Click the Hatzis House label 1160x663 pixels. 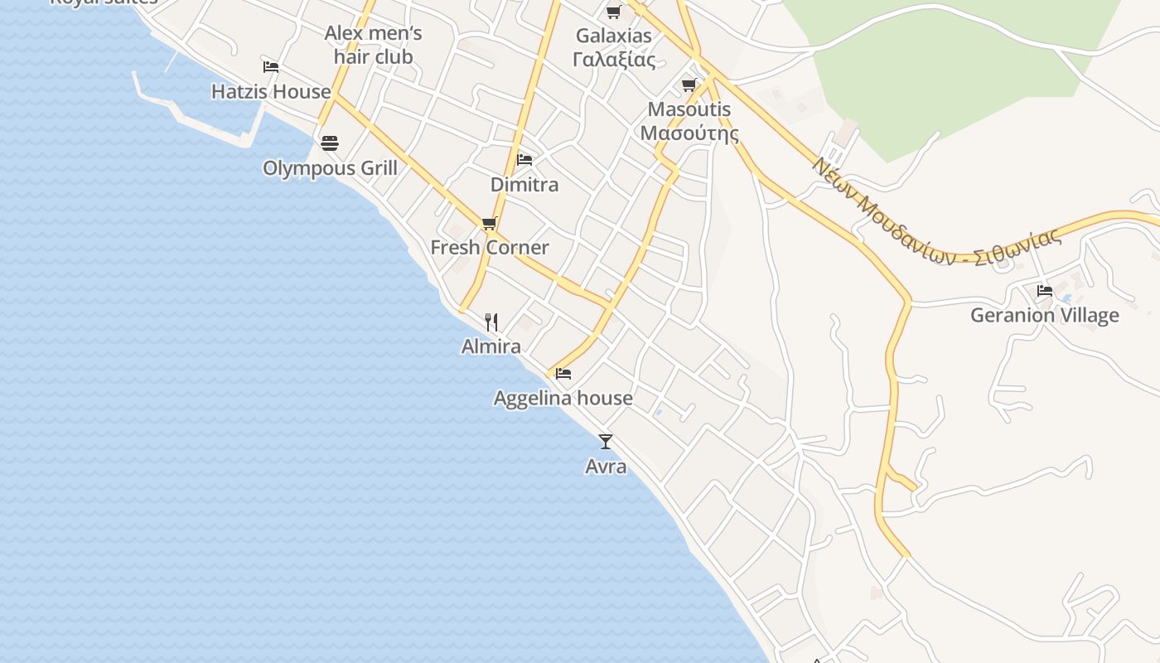(271, 92)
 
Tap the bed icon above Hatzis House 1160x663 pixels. (271, 67)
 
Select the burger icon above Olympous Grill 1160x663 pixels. (330, 143)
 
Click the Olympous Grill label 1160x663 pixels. (330, 168)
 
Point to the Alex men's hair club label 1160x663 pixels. (373, 46)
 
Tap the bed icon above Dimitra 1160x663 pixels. (524, 159)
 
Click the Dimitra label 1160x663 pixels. (524, 185)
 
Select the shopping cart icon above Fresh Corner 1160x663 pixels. (489, 223)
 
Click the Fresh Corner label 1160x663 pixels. (490, 248)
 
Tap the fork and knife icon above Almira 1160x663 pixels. (491, 322)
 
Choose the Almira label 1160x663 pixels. (491, 346)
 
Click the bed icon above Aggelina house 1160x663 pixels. (563, 374)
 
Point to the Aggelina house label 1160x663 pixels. (563, 399)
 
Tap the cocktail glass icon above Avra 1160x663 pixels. (606, 442)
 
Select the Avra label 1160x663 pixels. (606, 467)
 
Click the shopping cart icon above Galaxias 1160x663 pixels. (613, 12)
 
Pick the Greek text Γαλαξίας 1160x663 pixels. (614, 60)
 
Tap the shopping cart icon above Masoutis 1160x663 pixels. (689, 85)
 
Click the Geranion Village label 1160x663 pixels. (1044, 316)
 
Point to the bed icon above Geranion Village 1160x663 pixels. (1045, 291)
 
